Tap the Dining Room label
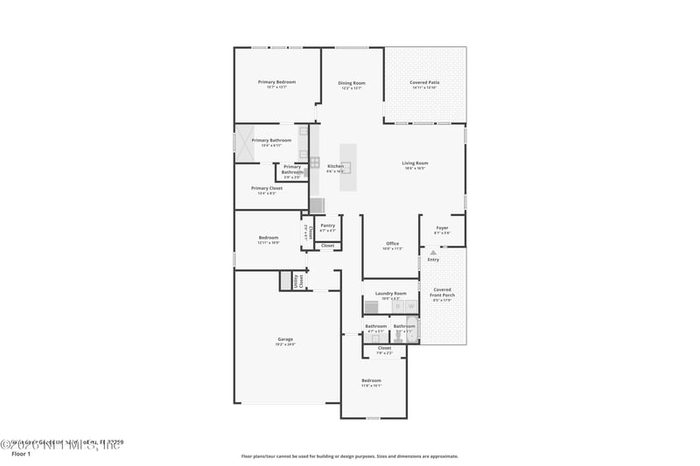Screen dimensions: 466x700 click(352, 83)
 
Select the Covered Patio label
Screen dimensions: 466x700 click(424, 83)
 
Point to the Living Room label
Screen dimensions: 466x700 click(415, 163)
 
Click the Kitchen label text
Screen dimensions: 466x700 click(335, 166)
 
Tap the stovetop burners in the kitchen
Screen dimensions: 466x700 click(314, 161)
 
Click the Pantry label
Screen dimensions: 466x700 click(327, 226)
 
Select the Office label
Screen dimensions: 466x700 click(392, 244)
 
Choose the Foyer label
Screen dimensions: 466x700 click(442, 228)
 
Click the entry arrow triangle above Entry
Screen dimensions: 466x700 click(432, 253)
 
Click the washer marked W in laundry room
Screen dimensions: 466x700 click(409, 306)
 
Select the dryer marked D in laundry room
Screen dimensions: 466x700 click(395, 306)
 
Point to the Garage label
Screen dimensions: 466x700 click(285, 339)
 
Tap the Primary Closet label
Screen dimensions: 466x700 click(266, 188)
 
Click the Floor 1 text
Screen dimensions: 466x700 click(20, 455)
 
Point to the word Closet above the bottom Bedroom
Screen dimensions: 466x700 click(384, 348)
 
